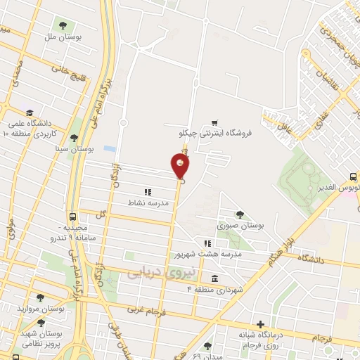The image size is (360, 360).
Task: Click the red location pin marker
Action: coord(180,166)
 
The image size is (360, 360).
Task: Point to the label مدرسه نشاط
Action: coord(148,202)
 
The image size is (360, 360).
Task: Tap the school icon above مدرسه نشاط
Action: coord(148,192)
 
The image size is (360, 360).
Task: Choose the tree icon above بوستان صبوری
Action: coord(240,215)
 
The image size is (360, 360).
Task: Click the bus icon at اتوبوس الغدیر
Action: coord(352,177)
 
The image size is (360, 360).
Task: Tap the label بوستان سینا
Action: coord(75,149)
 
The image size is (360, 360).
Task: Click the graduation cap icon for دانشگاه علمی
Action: coord(30,112)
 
